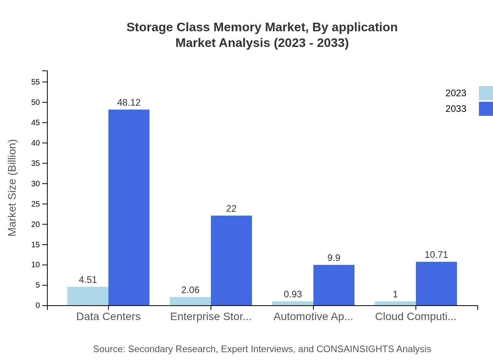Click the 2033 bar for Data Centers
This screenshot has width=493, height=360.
point(129,207)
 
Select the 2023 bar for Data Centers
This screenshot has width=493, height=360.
point(88,296)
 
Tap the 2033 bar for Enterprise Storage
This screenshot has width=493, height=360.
point(231,260)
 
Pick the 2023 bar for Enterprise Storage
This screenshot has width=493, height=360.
point(190,301)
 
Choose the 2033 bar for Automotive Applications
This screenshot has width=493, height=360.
point(334,285)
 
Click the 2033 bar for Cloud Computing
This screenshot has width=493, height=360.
point(436,283)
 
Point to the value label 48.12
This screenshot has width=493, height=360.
point(129,103)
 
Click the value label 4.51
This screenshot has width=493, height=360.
point(88,280)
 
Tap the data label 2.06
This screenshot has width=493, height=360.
point(190,290)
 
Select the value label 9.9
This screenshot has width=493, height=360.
point(334,258)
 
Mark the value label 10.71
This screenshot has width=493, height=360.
point(436,255)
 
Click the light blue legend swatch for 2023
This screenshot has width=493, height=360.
point(486,93)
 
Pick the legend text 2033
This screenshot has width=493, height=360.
point(456,109)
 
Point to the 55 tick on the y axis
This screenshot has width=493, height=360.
point(36,82)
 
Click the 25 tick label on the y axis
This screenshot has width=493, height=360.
point(36,204)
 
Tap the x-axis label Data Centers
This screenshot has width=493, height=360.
point(108,317)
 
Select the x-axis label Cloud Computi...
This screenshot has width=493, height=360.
point(416,317)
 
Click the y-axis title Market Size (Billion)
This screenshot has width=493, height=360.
point(13,188)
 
